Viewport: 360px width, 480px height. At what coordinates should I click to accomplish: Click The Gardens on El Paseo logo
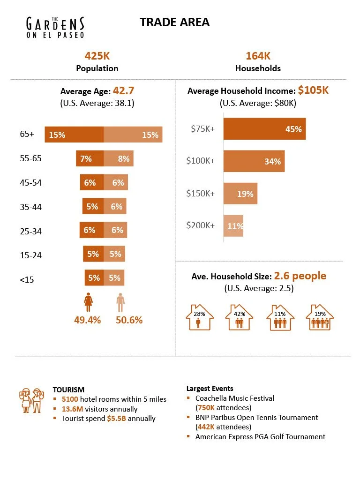[55, 27]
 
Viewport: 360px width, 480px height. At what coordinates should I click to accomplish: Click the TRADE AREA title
[174, 22]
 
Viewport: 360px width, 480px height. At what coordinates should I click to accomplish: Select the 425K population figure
[97, 56]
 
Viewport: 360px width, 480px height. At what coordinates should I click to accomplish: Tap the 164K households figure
[258, 56]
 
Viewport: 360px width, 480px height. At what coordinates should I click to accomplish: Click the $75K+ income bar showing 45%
[264, 129]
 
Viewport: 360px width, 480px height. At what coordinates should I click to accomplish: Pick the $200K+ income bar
[233, 225]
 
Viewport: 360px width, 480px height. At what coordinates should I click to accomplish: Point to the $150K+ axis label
[200, 193]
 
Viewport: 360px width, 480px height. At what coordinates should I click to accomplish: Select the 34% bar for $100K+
[254, 161]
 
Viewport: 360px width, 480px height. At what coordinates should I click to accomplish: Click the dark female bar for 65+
[74, 135]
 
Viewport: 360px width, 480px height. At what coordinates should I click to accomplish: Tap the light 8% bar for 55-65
[119, 158]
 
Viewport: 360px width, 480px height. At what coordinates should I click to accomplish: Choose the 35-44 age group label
[31, 206]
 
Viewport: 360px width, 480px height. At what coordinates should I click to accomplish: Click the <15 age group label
[27, 280]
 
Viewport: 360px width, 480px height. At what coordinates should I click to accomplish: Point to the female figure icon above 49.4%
[88, 302]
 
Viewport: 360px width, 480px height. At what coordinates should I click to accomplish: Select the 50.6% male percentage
[129, 320]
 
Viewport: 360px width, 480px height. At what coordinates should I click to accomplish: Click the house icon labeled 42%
[240, 317]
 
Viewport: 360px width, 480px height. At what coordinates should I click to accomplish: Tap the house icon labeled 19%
[320, 317]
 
